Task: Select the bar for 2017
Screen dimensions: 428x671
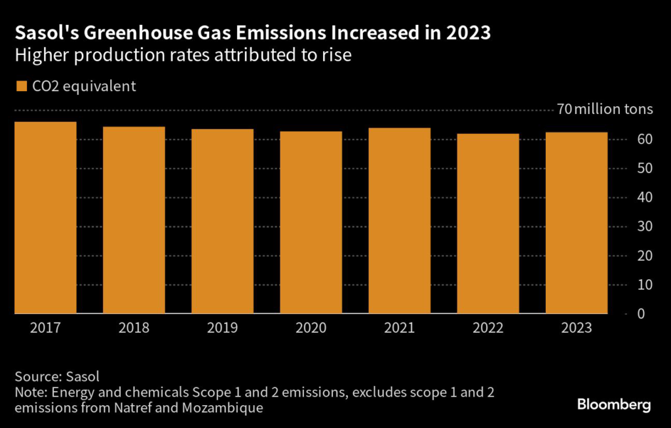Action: pyautogui.click(x=45, y=218)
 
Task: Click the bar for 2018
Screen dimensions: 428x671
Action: pyautogui.click(x=134, y=220)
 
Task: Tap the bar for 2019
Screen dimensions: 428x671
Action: pyautogui.click(x=222, y=222)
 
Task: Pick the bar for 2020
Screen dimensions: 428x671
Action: pyautogui.click(x=311, y=223)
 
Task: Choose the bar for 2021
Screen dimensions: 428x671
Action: pyautogui.click(x=399, y=221)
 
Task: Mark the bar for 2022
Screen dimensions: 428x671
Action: pyautogui.click(x=488, y=224)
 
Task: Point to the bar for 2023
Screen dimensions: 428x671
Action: pyautogui.click(x=576, y=223)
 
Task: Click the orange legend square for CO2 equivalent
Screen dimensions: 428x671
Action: pyautogui.click(x=21, y=86)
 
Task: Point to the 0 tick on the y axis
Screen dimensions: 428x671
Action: pyautogui.click(x=646, y=314)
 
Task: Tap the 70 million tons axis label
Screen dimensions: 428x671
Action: pyautogui.click(x=605, y=109)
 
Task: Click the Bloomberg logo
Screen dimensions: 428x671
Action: pyautogui.click(x=614, y=405)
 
